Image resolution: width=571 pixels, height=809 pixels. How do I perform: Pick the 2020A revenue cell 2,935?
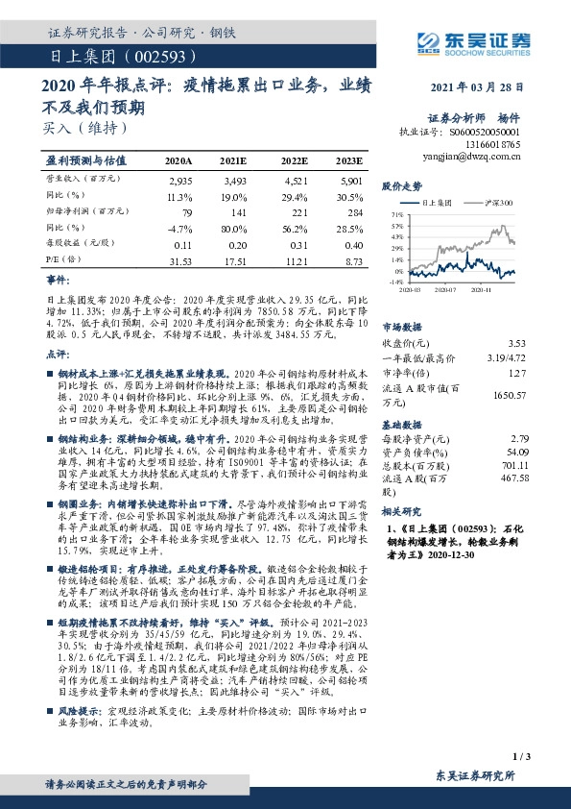tap(180, 181)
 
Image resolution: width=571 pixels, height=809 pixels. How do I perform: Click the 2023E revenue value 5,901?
tap(351, 181)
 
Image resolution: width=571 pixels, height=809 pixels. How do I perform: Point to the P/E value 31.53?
tap(180, 259)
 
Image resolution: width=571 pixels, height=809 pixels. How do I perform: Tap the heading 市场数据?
tap(402, 326)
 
